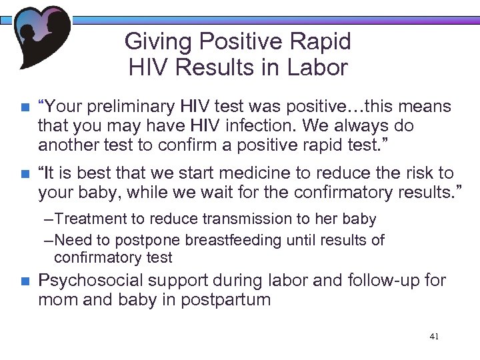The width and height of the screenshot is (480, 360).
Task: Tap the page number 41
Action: click(x=434, y=337)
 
